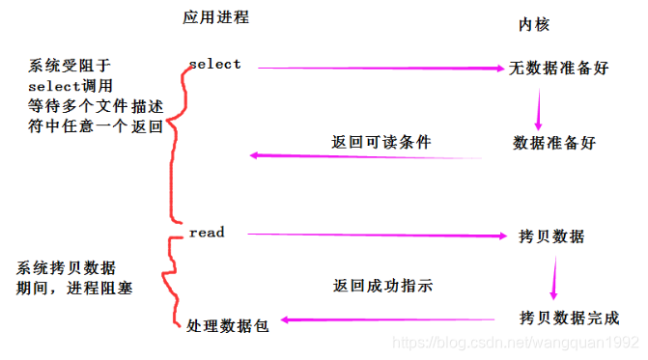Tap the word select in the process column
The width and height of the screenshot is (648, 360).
click(214, 65)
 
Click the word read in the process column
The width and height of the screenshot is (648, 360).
click(207, 233)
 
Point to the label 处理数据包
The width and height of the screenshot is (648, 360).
click(227, 325)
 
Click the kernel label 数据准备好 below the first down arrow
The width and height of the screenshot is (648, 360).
click(554, 143)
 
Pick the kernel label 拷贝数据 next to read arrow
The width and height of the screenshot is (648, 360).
click(550, 236)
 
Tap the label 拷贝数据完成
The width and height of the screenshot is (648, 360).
click(569, 318)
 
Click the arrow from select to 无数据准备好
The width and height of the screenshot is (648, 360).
click(377, 69)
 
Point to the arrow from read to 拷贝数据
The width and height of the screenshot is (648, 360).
click(377, 235)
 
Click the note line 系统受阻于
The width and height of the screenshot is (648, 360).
click(69, 66)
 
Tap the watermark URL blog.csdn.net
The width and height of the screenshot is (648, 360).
click(521, 343)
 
